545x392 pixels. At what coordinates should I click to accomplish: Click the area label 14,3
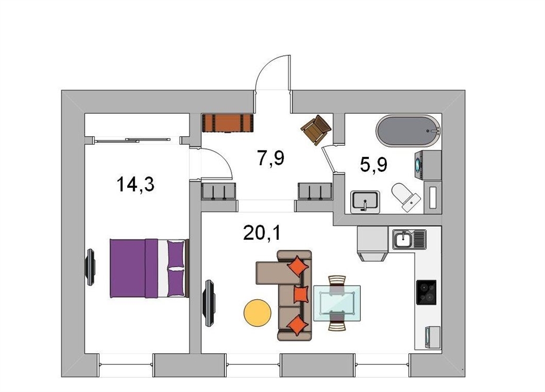coord(136,185)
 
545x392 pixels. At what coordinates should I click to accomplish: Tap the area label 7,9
coord(271,159)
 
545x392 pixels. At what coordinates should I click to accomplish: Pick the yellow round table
coord(258,313)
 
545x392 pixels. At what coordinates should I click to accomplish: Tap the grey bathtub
coord(408,130)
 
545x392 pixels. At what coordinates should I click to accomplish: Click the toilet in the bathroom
coord(406,197)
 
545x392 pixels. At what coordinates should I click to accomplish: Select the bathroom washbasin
coord(365,202)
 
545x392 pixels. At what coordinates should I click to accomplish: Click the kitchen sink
coord(409,239)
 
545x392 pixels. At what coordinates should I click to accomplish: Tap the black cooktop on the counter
coord(426,293)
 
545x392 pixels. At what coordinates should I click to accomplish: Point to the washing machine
coord(428,165)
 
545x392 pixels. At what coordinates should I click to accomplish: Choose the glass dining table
coord(337,303)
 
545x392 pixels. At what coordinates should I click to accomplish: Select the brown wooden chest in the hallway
coord(228,123)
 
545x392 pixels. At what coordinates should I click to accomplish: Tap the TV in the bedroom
coord(90,267)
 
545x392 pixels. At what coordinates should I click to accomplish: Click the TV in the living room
coord(209,303)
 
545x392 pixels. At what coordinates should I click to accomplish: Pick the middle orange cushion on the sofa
coord(301,295)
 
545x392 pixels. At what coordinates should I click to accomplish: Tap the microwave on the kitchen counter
coord(432,337)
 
